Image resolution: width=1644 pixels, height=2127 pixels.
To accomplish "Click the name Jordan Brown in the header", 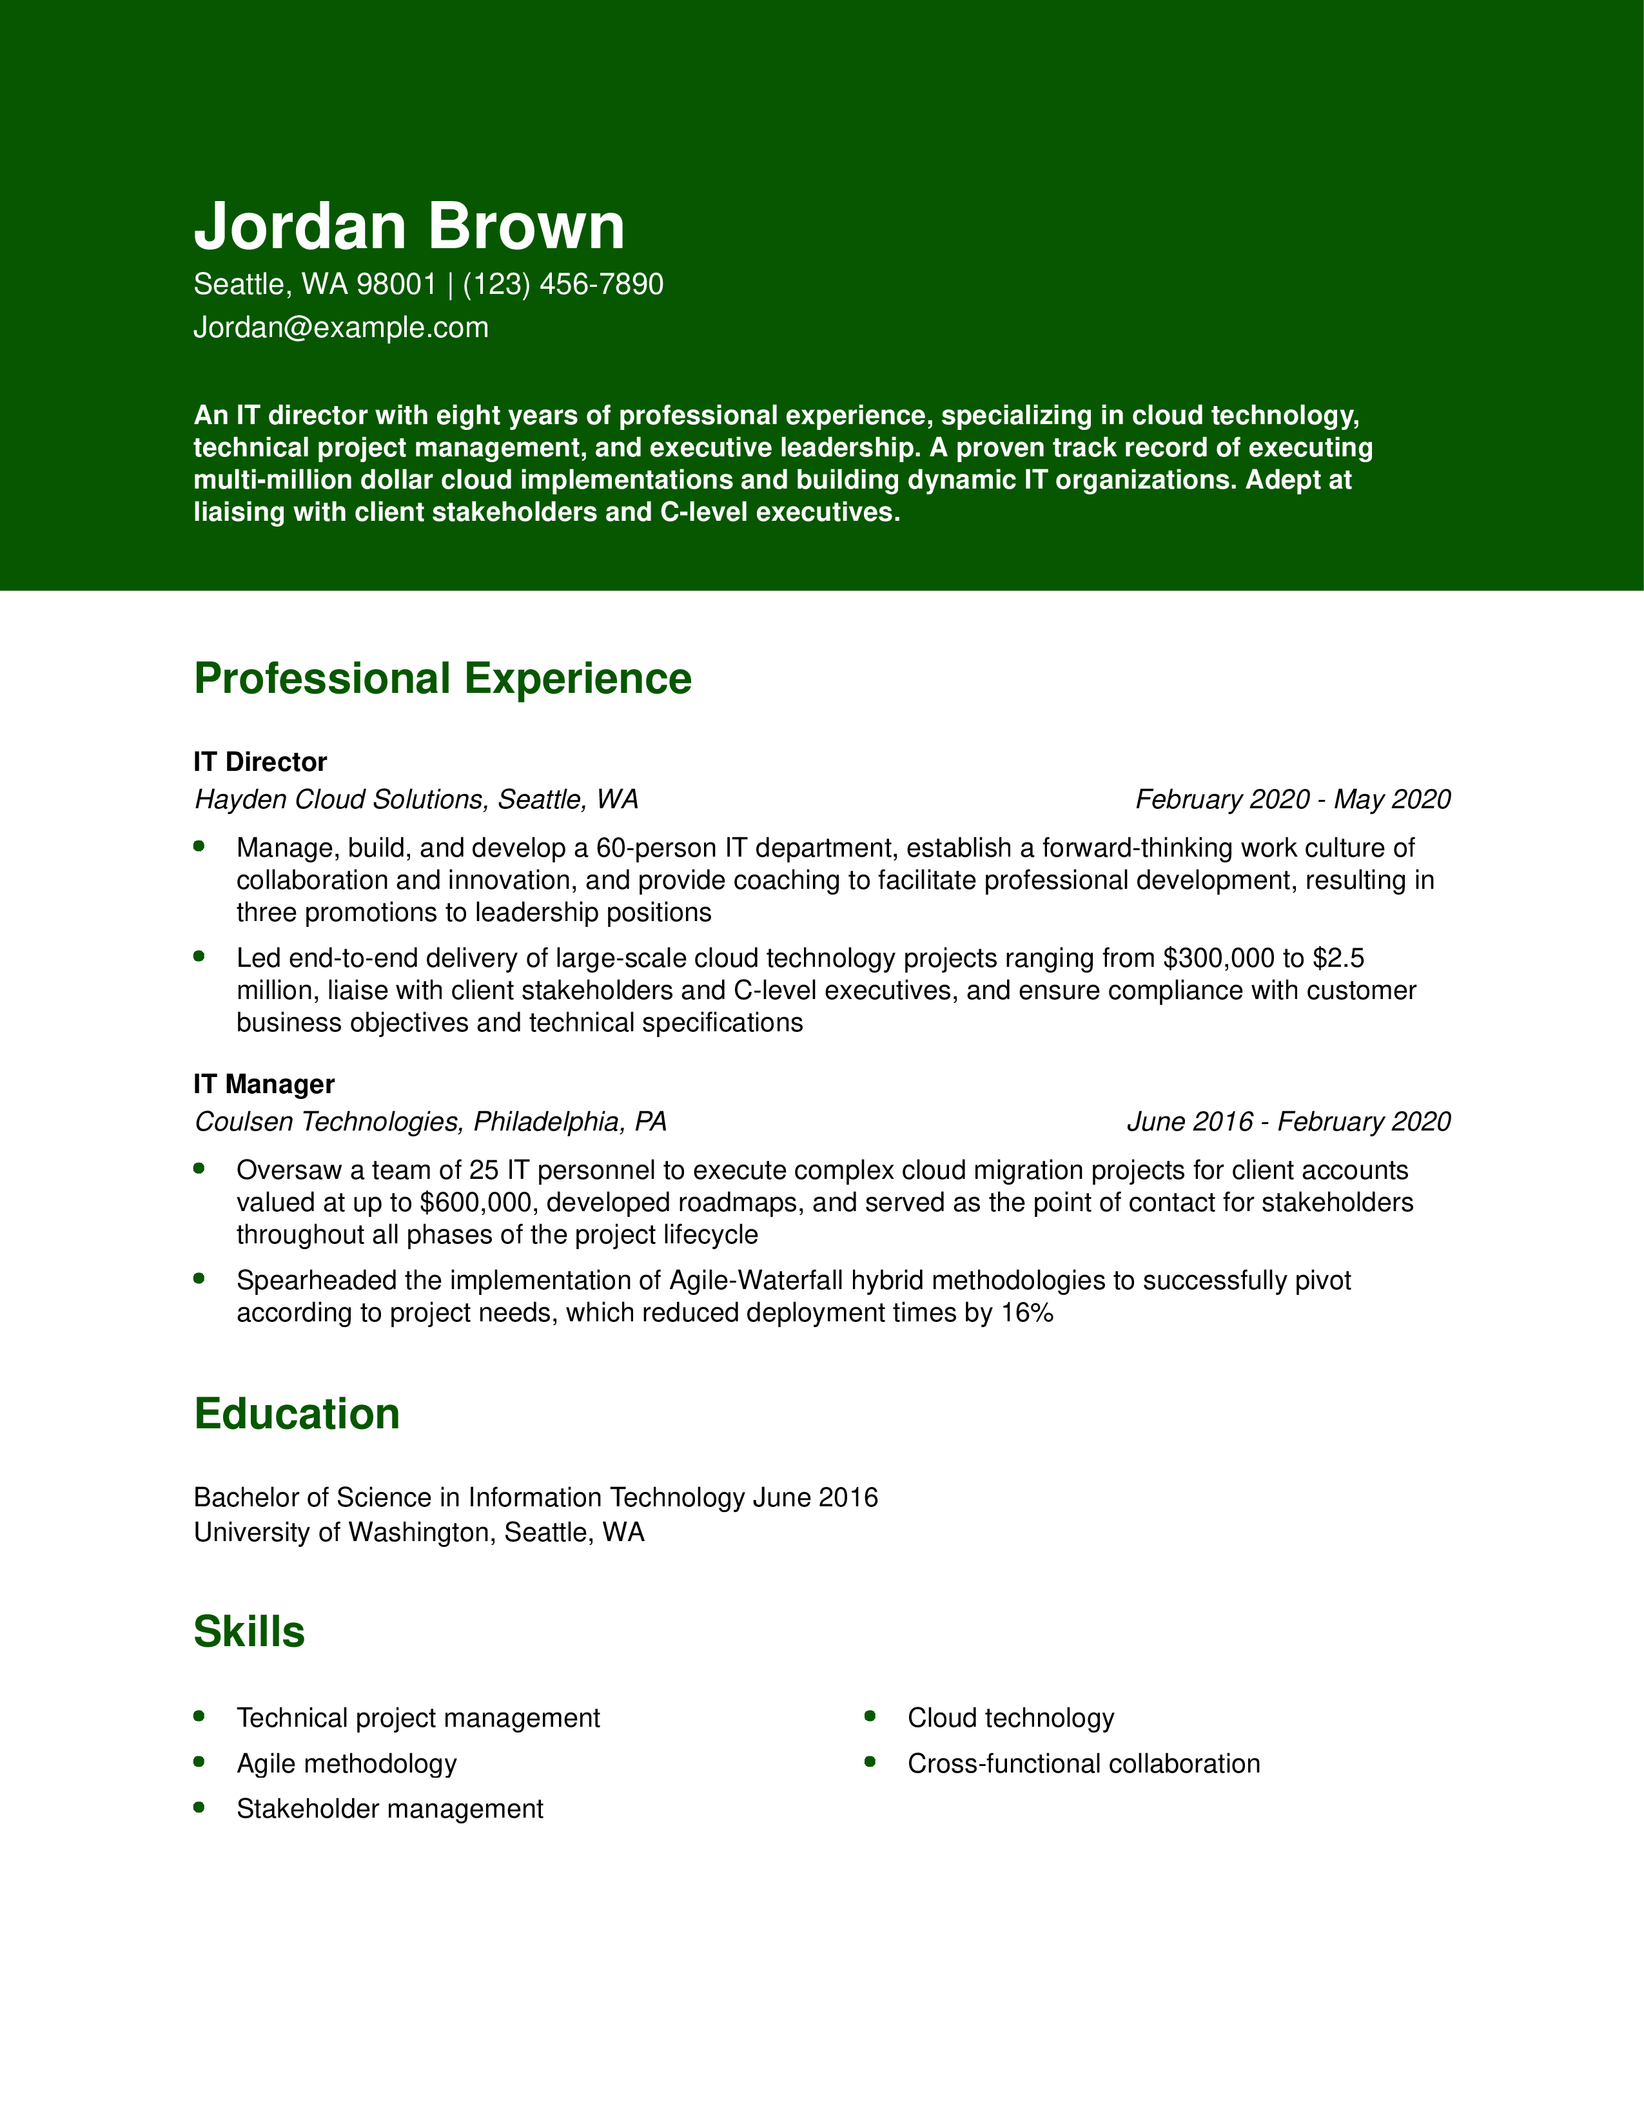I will pyautogui.click(x=409, y=226).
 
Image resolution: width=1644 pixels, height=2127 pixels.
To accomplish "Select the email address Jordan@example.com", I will pyautogui.click(x=341, y=327).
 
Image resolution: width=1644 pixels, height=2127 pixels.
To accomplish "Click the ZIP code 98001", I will pyautogui.click(x=396, y=284).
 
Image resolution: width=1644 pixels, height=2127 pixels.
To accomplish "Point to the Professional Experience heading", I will pyautogui.click(x=442, y=679).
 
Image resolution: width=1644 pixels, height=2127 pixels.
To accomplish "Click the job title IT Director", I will pyautogui.click(x=260, y=762).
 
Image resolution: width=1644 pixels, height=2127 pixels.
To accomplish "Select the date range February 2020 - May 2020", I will pyautogui.click(x=1293, y=800).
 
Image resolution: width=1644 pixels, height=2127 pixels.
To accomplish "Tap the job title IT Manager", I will pyautogui.click(x=264, y=1084).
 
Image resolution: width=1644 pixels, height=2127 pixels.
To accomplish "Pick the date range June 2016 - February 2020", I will pyautogui.click(x=1289, y=1122).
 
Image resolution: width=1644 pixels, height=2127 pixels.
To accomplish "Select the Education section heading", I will pyautogui.click(x=297, y=1414).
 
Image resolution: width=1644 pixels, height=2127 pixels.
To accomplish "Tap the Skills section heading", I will pyautogui.click(x=250, y=1632).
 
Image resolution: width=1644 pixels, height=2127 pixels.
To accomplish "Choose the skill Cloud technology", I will pyautogui.click(x=1010, y=1718).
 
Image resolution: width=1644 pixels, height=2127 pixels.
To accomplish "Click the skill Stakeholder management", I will pyautogui.click(x=389, y=1809).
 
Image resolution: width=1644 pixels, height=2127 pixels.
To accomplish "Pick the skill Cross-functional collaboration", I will pyautogui.click(x=1083, y=1763).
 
